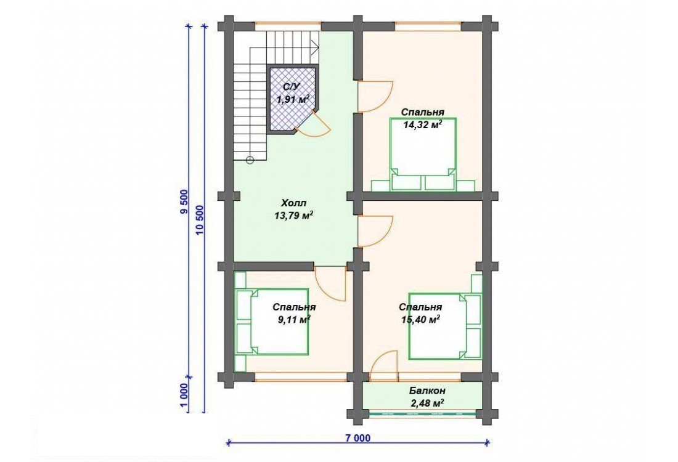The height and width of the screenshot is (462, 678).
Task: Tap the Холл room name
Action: (x=293, y=203)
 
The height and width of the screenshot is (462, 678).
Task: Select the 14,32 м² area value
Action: (x=422, y=125)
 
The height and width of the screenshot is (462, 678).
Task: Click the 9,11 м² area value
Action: (x=294, y=319)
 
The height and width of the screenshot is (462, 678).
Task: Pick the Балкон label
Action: (x=427, y=391)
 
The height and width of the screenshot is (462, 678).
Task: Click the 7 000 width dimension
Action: (x=357, y=438)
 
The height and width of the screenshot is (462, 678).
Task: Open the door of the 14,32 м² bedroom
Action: (x=375, y=97)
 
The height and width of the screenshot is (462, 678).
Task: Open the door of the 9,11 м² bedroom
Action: (x=331, y=283)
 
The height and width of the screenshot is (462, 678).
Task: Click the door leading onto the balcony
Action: (x=385, y=367)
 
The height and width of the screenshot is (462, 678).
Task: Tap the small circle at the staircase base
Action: (x=250, y=160)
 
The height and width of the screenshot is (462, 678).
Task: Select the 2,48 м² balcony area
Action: (x=427, y=403)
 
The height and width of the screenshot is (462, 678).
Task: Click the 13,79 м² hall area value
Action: (x=293, y=216)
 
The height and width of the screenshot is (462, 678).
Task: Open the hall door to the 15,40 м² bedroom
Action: (x=375, y=231)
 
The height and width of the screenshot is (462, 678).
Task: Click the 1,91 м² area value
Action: (x=293, y=99)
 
